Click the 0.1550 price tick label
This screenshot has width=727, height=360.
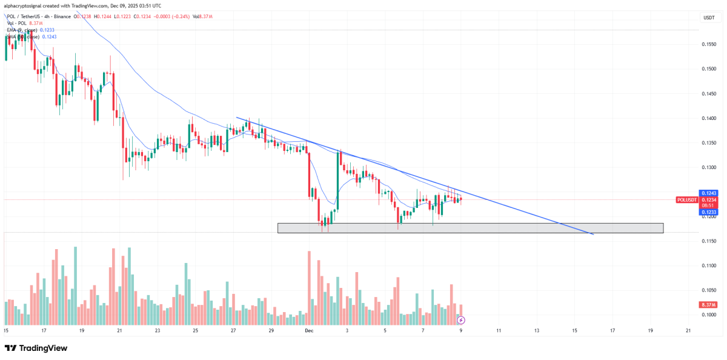tap(708, 44)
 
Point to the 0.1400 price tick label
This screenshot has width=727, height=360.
tap(708, 118)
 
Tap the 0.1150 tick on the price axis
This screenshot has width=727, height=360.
tap(708, 241)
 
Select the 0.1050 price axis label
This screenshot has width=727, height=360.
tap(708, 290)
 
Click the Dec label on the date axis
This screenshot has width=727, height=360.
tap(309, 330)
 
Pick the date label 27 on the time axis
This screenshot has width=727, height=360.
tap(234, 330)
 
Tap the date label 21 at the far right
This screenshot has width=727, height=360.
tap(688, 330)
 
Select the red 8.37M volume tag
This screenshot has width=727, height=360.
tap(708, 305)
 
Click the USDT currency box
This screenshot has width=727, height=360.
tap(708, 18)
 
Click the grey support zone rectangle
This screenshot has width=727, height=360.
tap(470, 228)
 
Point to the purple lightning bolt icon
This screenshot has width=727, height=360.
tap(461, 319)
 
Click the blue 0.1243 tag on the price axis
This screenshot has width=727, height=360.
tap(708, 193)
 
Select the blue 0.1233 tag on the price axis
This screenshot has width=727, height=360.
tap(708, 212)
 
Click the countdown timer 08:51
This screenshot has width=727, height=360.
tap(708, 205)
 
